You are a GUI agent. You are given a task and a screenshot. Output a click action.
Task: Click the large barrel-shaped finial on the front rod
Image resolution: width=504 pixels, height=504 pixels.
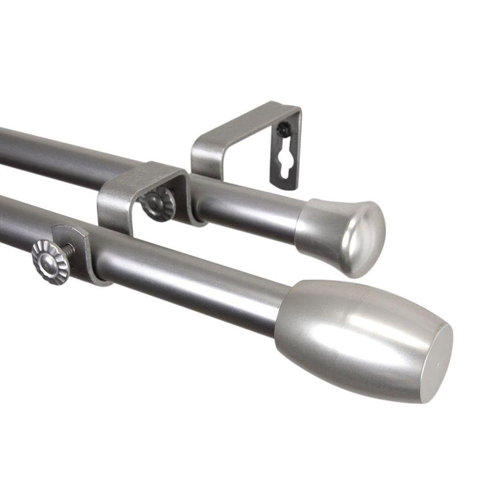tap(353, 338)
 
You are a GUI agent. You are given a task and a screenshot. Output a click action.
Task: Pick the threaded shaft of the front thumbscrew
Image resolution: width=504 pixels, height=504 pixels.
tap(69, 250)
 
